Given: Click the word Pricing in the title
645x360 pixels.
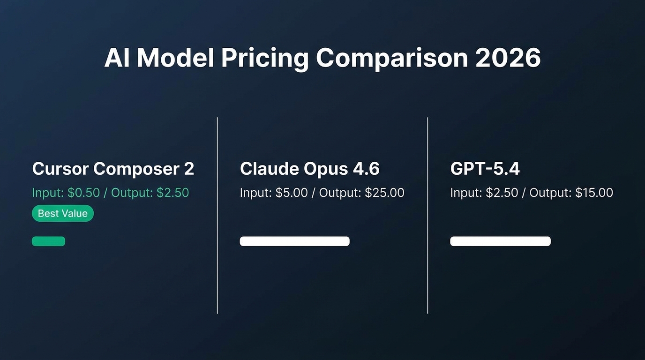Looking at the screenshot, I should tap(264, 58).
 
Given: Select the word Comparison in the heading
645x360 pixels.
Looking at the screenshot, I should tap(392, 58).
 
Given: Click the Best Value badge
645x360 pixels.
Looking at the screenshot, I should tap(63, 213).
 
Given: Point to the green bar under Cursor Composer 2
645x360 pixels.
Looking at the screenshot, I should tap(48, 241).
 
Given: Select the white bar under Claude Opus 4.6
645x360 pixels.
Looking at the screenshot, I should tap(294, 241).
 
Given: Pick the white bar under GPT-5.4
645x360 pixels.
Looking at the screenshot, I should tap(500, 241).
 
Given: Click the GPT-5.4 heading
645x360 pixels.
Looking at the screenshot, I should tap(485, 169).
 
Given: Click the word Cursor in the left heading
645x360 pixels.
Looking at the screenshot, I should tap(60, 169).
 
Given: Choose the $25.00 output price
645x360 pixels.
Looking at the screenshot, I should tap(384, 193).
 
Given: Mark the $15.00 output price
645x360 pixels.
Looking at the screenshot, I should tap(594, 193).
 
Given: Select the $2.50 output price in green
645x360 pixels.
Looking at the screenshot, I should tap(173, 193).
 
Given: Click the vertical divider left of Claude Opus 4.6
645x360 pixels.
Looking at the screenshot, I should tap(217, 216).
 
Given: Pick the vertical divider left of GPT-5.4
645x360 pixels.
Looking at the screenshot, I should tap(427, 216).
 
